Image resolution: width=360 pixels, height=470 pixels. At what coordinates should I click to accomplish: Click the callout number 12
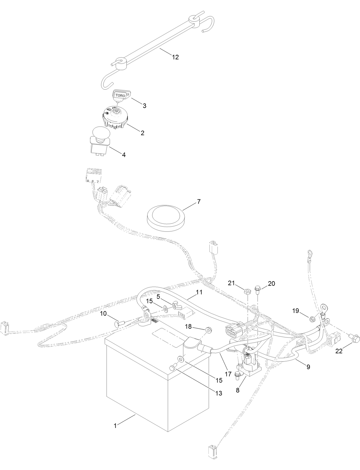pos(175,57)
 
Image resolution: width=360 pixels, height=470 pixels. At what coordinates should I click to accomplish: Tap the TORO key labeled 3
pos(120,95)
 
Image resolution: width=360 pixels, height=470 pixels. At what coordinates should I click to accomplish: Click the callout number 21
pos(231,283)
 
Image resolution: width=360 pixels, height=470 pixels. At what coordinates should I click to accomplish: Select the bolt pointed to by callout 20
pos(257,289)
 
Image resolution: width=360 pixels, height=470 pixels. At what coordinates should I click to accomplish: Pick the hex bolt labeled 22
pos(355,339)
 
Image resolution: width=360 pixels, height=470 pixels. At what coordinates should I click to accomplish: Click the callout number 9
pos(308,366)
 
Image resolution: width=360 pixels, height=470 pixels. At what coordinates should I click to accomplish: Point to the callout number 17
pos(228,374)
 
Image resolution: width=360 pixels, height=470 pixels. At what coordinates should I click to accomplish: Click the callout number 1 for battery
pos(115,434)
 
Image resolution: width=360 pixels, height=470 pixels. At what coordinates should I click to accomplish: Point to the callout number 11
pos(199,292)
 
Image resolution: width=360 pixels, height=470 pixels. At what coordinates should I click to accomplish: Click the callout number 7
pos(199,201)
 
